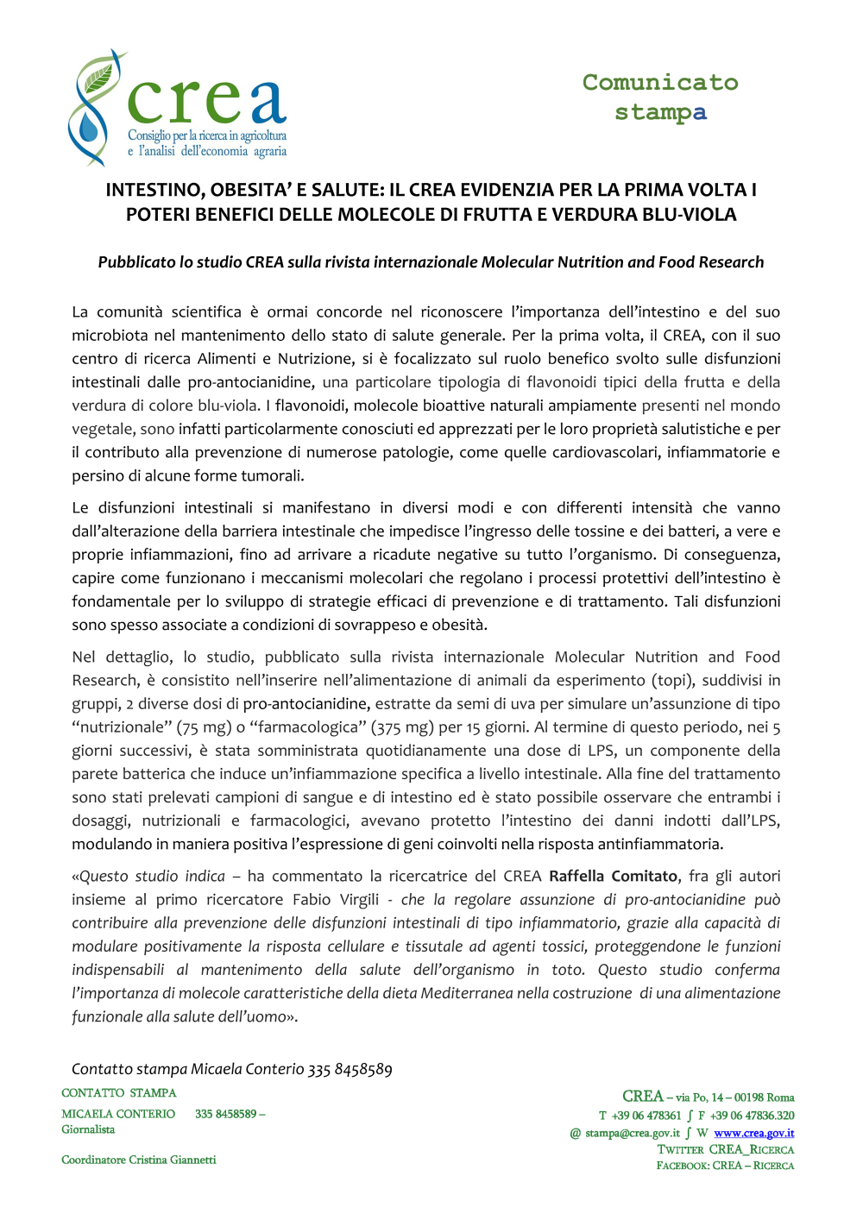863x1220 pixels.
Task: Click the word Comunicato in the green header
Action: point(660,83)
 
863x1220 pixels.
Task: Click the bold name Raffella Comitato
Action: point(613,877)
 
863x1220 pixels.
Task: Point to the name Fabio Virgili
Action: point(335,900)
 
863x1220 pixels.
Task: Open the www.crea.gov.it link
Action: point(753,1133)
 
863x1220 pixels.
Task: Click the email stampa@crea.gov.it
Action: point(632,1133)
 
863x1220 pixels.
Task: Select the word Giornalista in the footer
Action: point(88,1129)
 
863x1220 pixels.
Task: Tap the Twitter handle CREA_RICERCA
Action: point(751,1149)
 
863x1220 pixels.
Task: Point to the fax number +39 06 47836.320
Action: point(752,1116)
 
